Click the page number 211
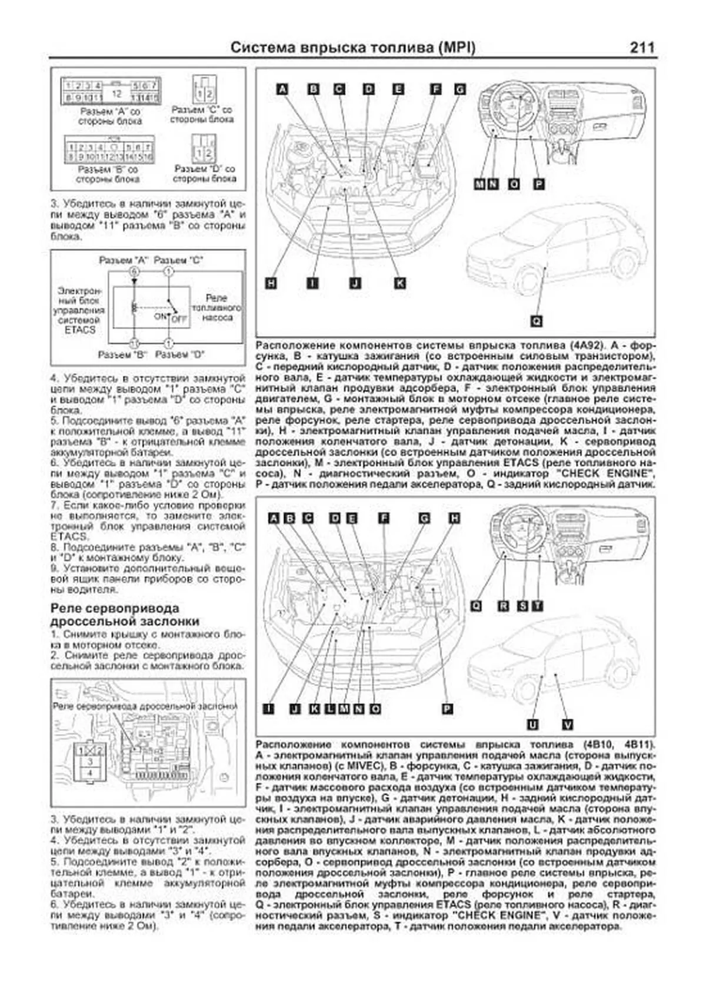pos(642,47)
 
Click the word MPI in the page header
pos(456,48)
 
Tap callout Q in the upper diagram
pos(537,321)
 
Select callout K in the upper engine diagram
pos(399,283)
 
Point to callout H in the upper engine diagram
pos(271,283)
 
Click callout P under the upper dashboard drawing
pos(539,184)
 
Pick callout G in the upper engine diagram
pos(460,89)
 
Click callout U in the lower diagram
pos(532,725)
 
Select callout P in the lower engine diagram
pos(448,709)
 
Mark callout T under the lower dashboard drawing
pos(538,606)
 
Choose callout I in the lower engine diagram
pos(268,709)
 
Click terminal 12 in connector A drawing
pos(116,92)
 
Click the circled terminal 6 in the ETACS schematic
pos(134,271)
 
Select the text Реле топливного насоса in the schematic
pos(217,308)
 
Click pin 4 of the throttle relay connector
pos(90,773)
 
